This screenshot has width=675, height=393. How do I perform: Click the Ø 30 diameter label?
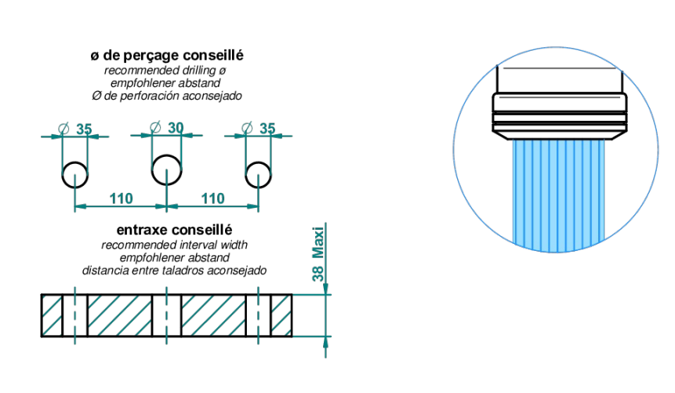coord(167,128)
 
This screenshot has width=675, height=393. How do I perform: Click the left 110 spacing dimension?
coord(121,198)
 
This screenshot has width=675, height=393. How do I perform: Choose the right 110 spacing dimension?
coord(212,198)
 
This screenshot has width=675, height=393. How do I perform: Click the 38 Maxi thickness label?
coord(318,254)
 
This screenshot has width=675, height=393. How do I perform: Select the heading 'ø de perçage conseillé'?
coord(167,56)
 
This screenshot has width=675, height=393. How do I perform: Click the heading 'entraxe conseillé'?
coord(174,230)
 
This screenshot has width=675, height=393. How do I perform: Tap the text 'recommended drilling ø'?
coord(165,71)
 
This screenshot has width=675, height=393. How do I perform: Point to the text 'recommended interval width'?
coord(174,245)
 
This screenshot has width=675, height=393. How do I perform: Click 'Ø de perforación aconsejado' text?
coord(167,96)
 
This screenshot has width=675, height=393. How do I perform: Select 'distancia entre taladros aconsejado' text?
coord(174,271)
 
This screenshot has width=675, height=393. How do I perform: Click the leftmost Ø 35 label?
coord(75,129)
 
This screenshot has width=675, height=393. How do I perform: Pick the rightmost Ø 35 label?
coord(259,128)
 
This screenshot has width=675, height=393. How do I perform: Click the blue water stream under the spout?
coord(558,195)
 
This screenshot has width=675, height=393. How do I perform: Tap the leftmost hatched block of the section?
coord(52,315)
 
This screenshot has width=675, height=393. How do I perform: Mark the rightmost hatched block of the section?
coord(281,315)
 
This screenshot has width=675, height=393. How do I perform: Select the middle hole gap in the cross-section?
coord(167,315)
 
